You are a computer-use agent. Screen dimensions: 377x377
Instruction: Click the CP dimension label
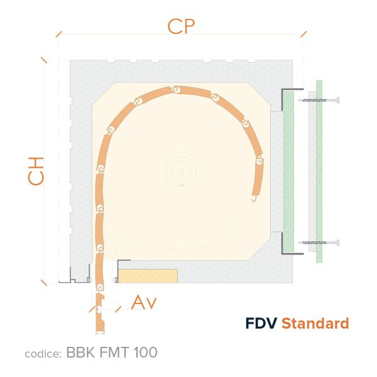(181, 26)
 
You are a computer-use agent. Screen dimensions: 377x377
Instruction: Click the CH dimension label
(36, 171)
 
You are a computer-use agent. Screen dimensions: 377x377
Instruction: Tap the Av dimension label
(144, 302)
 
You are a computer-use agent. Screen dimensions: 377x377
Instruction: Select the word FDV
(261, 323)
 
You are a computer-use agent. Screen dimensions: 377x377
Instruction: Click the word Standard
(315, 323)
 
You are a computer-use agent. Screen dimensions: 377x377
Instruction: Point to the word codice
(43, 354)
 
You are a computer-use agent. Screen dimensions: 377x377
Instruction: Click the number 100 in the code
(145, 352)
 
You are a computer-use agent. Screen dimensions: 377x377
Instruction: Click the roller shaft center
(182, 171)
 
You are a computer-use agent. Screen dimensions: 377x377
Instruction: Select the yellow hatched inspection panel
(148, 276)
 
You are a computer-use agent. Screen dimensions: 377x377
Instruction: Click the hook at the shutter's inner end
(254, 199)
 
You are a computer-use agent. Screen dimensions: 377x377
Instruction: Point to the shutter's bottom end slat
(100, 314)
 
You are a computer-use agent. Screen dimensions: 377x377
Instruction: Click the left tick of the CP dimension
(59, 34)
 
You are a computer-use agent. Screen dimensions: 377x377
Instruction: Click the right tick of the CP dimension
(303, 34)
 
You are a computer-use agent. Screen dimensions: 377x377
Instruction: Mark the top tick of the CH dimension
(44, 60)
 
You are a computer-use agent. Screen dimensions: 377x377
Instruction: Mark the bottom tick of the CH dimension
(44, 283)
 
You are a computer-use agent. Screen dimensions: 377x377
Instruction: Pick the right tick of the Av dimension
(118, 309)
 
